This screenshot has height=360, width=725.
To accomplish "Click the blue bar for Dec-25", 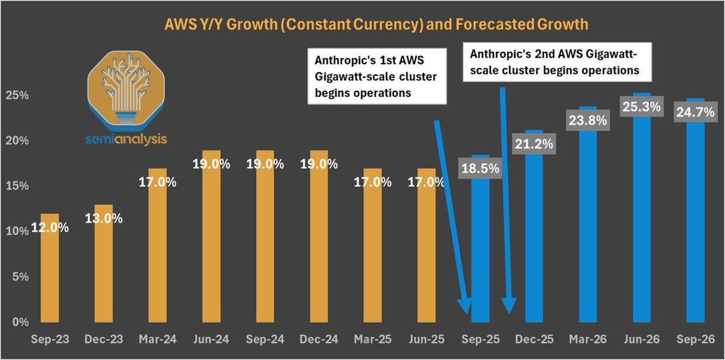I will [535, 242].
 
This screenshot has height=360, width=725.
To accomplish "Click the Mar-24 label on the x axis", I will [157, 340].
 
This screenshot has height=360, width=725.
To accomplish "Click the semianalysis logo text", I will [127, 139].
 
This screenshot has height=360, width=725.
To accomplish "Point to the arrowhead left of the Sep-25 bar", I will [466, 307].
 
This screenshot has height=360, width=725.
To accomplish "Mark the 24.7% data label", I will [696, 112].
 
